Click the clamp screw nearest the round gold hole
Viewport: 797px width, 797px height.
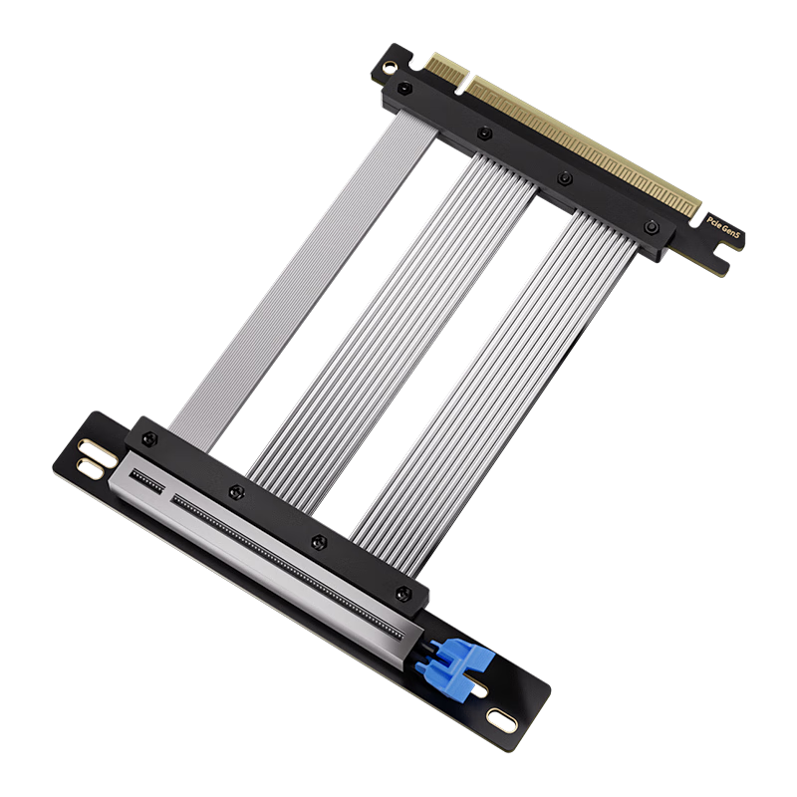[x=402, y=91]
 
